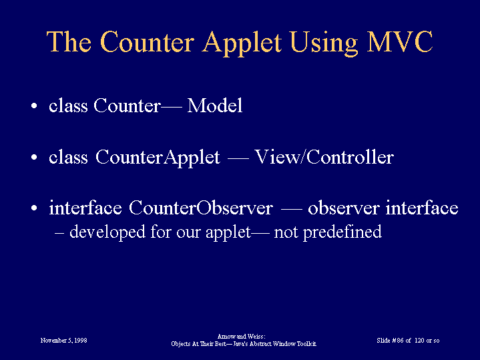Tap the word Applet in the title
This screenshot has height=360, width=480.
coord(242,43)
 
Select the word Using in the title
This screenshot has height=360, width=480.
coord(324,43)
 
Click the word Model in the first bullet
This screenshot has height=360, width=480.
coord(215,106)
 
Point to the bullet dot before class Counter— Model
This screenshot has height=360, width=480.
coord(34,106)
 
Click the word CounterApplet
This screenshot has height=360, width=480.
coord(158,158)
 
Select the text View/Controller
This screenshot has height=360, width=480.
coord(324,157)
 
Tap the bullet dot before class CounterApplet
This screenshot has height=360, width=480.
coord(34,158)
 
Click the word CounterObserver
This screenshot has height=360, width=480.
coord(200,208)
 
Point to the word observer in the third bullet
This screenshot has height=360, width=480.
coord(344,208)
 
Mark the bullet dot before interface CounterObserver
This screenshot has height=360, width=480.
coord(34,208)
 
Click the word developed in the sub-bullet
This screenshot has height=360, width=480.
coord(107,232)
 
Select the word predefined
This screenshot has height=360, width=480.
coord(342,232)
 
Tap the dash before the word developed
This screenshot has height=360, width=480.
coord(59,233)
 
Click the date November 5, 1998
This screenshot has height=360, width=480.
coord(63,341)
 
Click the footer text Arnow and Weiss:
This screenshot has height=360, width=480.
coord(241,337)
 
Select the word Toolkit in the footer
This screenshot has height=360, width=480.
coord(306,344)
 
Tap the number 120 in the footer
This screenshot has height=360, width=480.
coord(419,341)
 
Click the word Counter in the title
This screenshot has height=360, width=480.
coord(147,42)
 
